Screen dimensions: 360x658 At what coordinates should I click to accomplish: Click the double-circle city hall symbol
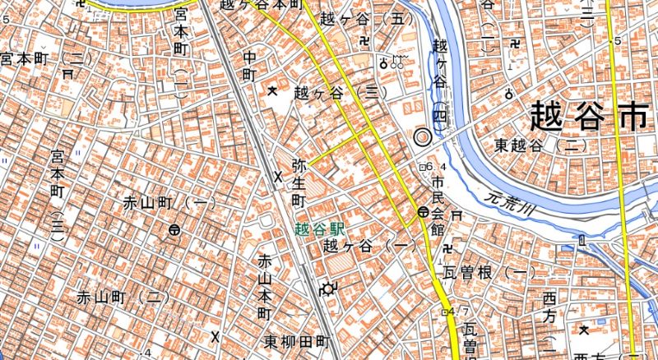423,137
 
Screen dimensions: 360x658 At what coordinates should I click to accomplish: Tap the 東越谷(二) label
539,145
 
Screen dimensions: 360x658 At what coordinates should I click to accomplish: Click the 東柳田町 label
298,341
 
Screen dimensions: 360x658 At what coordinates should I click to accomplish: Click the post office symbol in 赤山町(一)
174,230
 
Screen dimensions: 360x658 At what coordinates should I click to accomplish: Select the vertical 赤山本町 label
265,288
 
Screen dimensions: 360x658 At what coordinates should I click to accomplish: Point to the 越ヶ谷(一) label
367,246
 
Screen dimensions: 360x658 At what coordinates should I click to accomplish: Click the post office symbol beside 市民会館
422,212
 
